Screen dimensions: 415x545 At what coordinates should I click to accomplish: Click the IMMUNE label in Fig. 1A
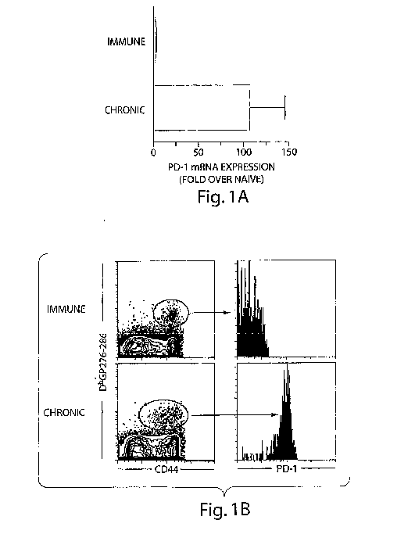pos(126,42)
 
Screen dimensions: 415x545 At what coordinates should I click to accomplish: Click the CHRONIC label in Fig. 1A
pos(125,110)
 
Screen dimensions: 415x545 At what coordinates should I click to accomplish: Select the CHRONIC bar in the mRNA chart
pos(202,108)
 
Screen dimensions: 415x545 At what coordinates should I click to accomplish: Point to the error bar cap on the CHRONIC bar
pos(284,107)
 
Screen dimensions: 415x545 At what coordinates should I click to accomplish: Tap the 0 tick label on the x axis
pos(153,152)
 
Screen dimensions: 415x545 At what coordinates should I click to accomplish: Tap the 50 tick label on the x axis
pos(199,152)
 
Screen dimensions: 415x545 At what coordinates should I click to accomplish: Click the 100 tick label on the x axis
pos(244,152)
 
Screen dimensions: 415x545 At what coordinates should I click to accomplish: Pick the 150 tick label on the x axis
pos(289,152)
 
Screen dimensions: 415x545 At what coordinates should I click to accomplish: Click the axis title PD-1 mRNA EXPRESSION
pos(221,167)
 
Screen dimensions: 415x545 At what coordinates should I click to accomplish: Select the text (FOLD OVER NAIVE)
pos(221,179)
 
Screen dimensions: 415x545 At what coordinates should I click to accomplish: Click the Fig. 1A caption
pos(223,197)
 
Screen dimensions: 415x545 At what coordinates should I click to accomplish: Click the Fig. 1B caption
pos(225,510)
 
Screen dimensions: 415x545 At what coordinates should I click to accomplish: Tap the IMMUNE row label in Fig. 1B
pos(66,309)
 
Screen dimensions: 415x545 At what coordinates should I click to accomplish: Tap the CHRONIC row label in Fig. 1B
pos(63,413)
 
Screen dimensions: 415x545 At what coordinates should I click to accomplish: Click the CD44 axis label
pos(166,470)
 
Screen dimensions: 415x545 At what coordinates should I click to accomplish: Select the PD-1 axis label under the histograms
pos(287,469)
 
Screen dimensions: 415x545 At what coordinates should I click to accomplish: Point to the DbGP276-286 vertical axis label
pos(103,362)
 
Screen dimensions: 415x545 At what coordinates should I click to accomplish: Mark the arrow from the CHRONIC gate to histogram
pos(234,414)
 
